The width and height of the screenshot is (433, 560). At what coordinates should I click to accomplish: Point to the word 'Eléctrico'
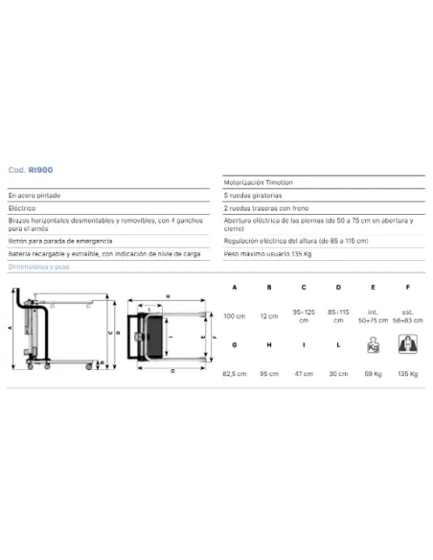[25, 206]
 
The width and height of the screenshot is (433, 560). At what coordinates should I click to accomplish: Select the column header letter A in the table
[234, 287]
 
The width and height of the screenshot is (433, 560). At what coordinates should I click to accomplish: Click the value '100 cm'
[234, 315]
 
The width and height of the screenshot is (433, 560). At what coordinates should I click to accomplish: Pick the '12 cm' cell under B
[269, 315]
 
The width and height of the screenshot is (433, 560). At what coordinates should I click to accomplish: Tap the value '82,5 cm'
[234, 375]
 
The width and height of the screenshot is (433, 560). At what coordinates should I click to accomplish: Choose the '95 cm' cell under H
[269, 375]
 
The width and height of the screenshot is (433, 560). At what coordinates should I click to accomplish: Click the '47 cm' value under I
[304, 375]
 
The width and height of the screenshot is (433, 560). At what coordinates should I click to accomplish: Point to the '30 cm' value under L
[338, 375]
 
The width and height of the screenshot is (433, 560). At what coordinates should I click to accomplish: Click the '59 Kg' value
[373, 375]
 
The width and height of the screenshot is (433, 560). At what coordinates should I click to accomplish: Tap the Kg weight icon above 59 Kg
[373, 347]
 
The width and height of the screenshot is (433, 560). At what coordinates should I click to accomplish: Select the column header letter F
[407, 287]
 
